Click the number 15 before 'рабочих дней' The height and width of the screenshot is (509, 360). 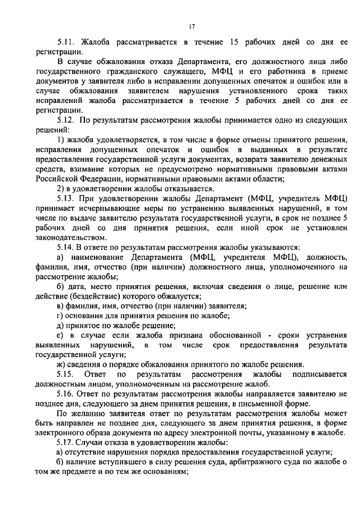(235, 42)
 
